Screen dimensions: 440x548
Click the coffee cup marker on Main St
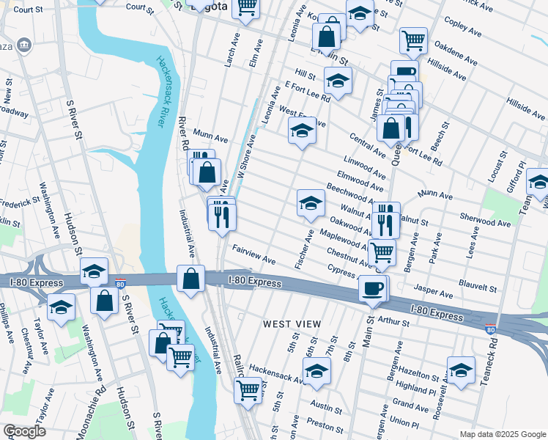pos(374,288)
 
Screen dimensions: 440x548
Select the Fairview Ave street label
pos(253,255)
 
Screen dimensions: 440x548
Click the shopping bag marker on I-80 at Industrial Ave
pos(190,279)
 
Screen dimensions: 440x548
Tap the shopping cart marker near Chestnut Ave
pos(382,252)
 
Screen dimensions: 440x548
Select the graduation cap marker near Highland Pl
pos(461,370)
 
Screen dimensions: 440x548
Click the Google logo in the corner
pos(24,431)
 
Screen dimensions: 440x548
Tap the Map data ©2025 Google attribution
pos(503,434)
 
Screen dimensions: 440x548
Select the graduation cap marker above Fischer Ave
pos(311,203)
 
